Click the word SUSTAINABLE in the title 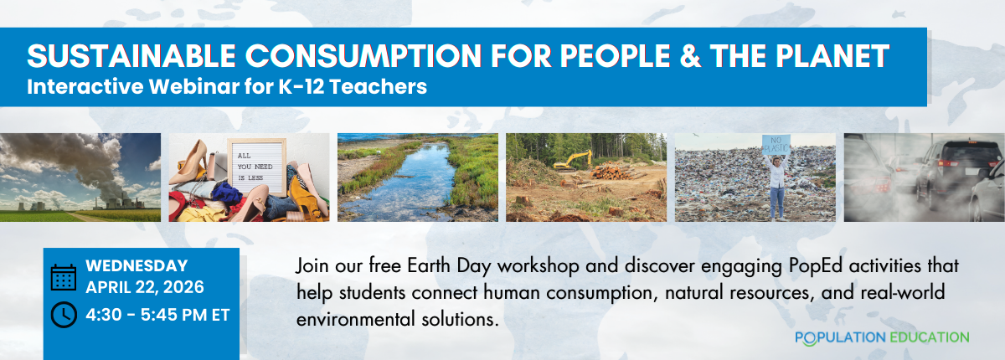click(x=131, y=56)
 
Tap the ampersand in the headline click(x=690, y=56)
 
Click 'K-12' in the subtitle click(x=301, y=86)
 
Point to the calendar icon click(x=64, y=277)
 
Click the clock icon click(x=64, y=315)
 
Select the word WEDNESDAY click(x=137, y=266)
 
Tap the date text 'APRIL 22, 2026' click(x=145, y=287)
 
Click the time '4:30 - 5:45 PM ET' click(x=157, y=315)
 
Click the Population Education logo click(x=882, y=337)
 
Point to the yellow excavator click(x=572, y=162)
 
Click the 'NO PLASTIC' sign click(x=776, y=145)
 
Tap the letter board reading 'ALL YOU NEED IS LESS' click(x=256, y=167)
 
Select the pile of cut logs click(x=612, y=172)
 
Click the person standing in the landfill click(x=777, y=187)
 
